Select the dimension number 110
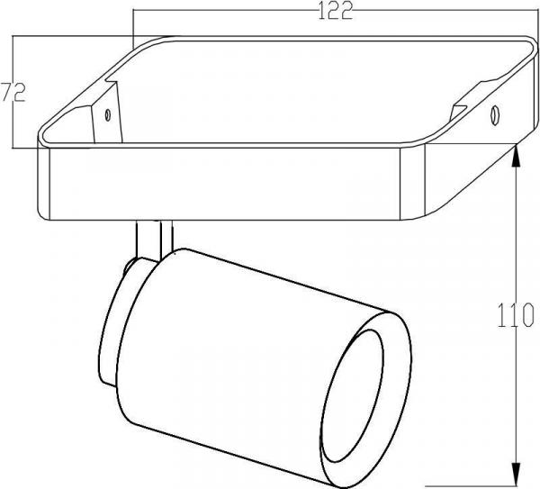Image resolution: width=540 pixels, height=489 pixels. pyautogui.click(x=516, y=317)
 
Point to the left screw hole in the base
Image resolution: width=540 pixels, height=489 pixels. pyautogui.click(x=108, y=114)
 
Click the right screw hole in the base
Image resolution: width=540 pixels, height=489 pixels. pyautogui.click(x=494, y=115)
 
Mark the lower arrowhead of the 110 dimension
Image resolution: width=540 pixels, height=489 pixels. pyautogui.click(x=516, y=477)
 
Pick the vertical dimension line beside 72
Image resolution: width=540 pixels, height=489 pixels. pyautogui.click(x=13, y=126)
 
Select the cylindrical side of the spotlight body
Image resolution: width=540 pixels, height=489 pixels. pyautogui.click(x=261, y=324)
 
